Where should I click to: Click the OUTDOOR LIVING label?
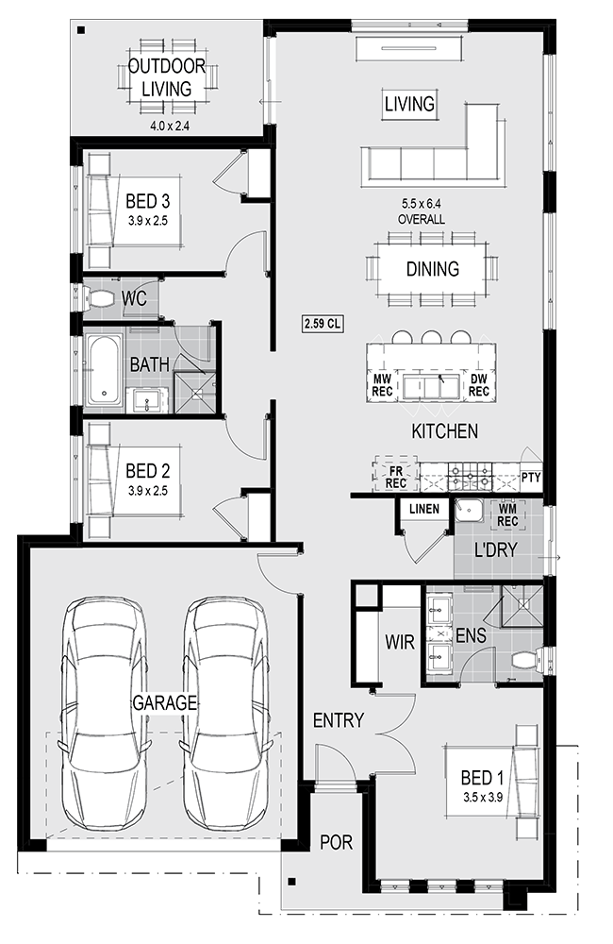[167, 77]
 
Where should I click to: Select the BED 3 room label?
[147, 200]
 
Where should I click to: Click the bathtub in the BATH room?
[104, 371]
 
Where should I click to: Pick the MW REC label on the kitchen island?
[383, 385]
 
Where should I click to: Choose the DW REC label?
[479, 385]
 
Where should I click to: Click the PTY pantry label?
[531, 478]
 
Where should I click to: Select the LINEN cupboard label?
[424, 510]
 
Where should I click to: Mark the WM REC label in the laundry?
[507, 515]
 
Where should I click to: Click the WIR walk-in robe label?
[400, 642]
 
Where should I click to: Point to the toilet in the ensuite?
[527, 659]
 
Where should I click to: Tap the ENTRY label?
[338, 720]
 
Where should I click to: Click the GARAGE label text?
[164, 702]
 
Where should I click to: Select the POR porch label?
[336, 842]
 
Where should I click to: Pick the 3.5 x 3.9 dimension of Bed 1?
[483, 797]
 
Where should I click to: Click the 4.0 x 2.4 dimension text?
[170, 126]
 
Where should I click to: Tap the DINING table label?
[433, 268]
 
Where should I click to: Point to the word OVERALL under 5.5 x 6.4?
[422, 219]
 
